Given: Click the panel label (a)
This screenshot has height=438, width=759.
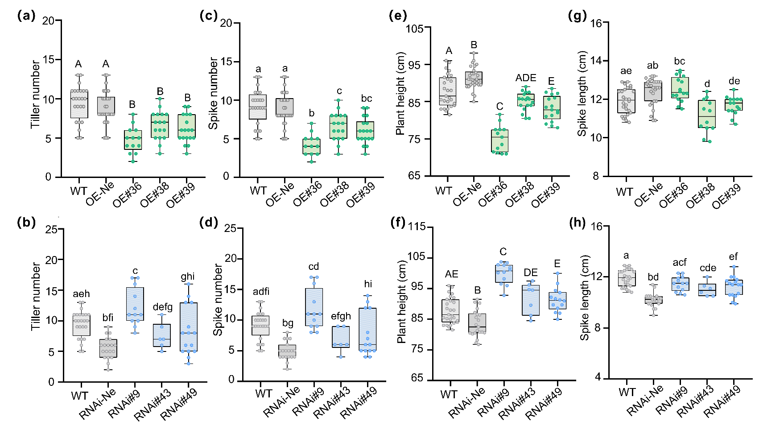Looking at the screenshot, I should (26, 16).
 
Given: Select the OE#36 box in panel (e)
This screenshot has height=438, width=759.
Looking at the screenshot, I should (499, 140).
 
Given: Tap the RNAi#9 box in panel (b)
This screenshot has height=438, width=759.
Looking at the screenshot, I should (135, 304).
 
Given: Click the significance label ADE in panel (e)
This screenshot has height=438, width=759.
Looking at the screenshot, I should (526, 78).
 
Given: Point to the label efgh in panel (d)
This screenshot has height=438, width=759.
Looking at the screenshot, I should (341, 316).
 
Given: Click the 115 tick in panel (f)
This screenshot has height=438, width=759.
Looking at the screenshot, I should (417, 227).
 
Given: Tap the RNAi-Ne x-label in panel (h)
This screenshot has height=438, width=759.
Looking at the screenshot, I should (645, 401).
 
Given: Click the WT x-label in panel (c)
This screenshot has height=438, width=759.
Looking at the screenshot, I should (258, 191).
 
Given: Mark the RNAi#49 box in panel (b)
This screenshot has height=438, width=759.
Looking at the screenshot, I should (189, 327).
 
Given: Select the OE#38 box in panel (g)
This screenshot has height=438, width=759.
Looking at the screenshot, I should (707, 114).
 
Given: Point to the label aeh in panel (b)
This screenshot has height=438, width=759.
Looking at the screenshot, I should (81, 294).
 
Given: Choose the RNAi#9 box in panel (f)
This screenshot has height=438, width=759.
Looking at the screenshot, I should (504, 273).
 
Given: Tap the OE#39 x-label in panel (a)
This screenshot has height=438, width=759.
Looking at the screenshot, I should (181, 195).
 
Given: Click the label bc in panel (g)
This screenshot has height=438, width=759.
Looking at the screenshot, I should (679, 61).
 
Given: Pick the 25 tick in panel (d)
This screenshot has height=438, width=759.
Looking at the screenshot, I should (231, 228).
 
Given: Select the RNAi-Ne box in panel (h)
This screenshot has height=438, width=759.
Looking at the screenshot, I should (653, 300).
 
